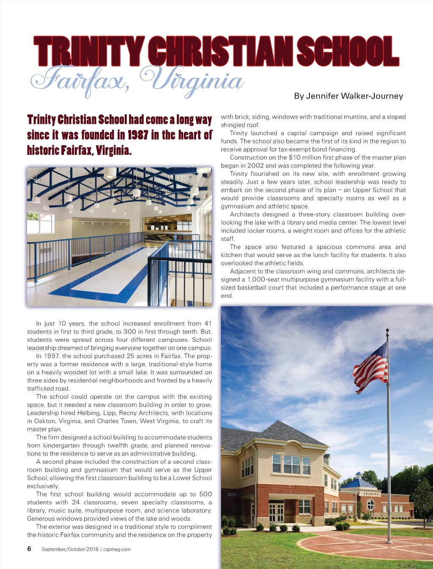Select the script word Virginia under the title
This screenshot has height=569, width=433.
[x=193, y=80]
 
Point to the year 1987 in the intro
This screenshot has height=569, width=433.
[x=137, y=135]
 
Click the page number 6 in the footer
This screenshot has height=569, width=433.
[x=29, y=549]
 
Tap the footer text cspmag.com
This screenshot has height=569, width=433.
[x=117, y=549]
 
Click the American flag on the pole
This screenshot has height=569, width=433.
[x=371, y=367]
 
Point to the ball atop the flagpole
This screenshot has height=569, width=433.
[x=387, y=330]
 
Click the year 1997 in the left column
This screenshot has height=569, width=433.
[x=55, y=356]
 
